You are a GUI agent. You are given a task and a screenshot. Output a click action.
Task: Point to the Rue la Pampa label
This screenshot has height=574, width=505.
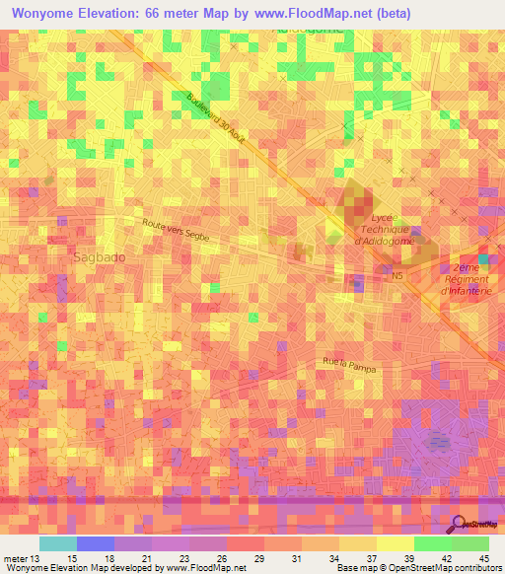click(349, 364)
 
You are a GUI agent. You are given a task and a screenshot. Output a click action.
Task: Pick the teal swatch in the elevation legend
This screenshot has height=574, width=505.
click(57, 543)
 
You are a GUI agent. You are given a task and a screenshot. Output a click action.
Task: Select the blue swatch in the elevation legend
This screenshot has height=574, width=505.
click(95, 543)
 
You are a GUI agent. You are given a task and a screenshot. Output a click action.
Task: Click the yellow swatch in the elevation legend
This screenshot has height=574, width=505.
click(395, 543)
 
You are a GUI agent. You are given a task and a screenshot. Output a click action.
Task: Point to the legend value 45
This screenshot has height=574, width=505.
click(484, 558)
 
